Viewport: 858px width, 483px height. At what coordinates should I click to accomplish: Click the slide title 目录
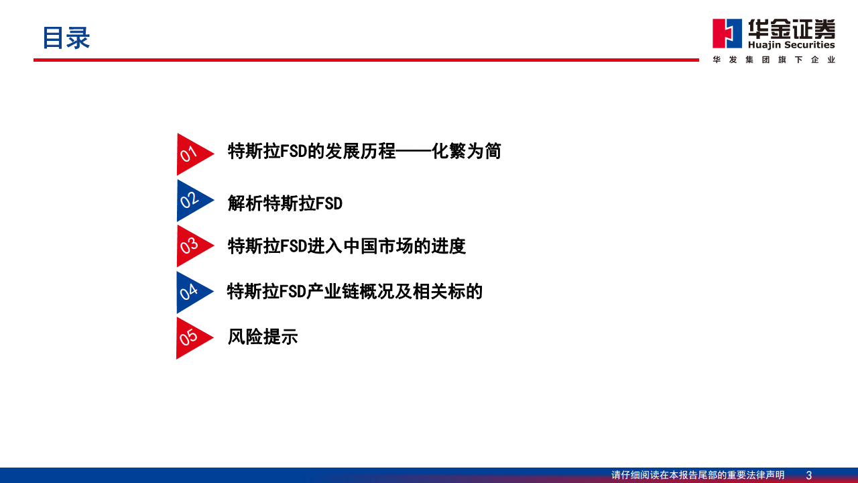coord(66,38)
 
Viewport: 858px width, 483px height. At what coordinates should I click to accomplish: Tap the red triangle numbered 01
coord(191,154)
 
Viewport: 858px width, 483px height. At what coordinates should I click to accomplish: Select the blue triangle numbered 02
coord(191,200)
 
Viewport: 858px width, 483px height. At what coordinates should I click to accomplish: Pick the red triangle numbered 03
coord(191,246)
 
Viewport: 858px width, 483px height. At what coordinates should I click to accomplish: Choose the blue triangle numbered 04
coord(191,292)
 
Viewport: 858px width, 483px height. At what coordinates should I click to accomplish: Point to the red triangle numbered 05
coord(191,337)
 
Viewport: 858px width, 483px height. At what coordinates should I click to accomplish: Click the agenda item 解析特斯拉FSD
coord(285,203)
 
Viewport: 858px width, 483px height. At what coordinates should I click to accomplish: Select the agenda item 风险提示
coord(262,337)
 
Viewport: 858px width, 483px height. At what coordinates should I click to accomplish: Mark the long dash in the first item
coord(414,152)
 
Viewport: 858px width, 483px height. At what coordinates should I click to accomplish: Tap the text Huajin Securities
coord(792,45)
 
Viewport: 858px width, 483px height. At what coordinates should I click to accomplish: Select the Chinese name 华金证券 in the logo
coord(792,28)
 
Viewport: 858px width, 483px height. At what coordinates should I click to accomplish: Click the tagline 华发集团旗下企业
coord(774,60)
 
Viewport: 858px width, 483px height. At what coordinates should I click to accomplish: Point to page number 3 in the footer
coord(809,475)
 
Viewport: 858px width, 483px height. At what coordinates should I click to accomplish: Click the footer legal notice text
coord(697,475)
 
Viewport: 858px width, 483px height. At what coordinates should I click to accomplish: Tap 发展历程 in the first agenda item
coord(360,152)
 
